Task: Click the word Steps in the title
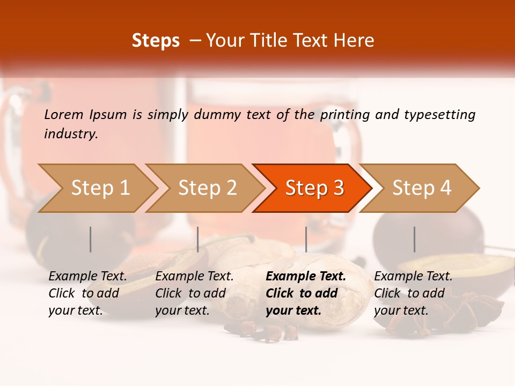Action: tap(156, 41)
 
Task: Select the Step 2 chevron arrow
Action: tap(207, 188)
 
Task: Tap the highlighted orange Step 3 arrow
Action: tap(314, 188)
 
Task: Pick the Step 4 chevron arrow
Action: tap(422, 188)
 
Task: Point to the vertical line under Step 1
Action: tap(90, 239)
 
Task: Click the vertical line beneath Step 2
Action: tap(198, 239)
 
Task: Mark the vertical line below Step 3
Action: tap(306, 239)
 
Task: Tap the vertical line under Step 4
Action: tap(414, 239)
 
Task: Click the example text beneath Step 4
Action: tap(413, 293)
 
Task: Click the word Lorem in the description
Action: tap(64, 114)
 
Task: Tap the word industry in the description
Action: tap(70, 134)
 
